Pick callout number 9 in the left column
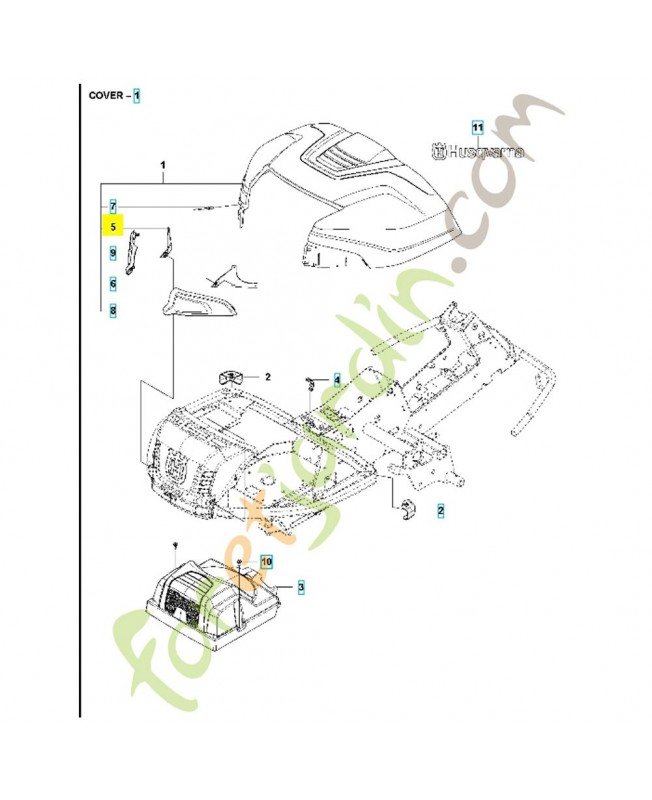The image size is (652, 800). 114,254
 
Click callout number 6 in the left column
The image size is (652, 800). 114,283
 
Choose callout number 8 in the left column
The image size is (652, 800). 114,311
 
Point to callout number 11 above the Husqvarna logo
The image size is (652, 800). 477,128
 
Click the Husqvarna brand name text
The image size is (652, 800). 485,152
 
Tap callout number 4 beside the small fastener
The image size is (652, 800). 337,380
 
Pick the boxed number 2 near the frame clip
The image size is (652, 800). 440,510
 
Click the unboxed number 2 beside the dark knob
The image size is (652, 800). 268,377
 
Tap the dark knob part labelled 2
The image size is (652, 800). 232,376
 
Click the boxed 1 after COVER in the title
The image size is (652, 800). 138,96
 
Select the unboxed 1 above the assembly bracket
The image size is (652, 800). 164,163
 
